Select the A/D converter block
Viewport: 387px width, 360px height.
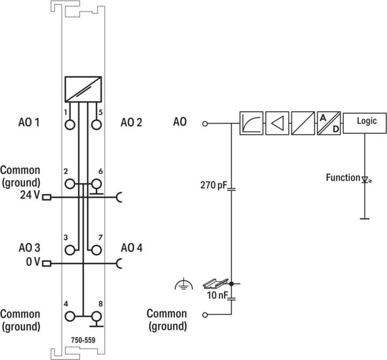tap(328, 123)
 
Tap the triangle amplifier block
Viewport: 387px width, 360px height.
tap(277, 123)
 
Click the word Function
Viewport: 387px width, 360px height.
tap(342, 177)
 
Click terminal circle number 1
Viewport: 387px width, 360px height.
tap(69, 125)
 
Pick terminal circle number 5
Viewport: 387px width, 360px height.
tap(97, 125)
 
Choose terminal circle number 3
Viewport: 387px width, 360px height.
tap(69, 250)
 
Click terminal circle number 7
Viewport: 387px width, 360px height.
tap(97, 250)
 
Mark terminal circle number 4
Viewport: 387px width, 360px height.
tap(69, 316)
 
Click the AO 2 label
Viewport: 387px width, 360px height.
tap(131, 123)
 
